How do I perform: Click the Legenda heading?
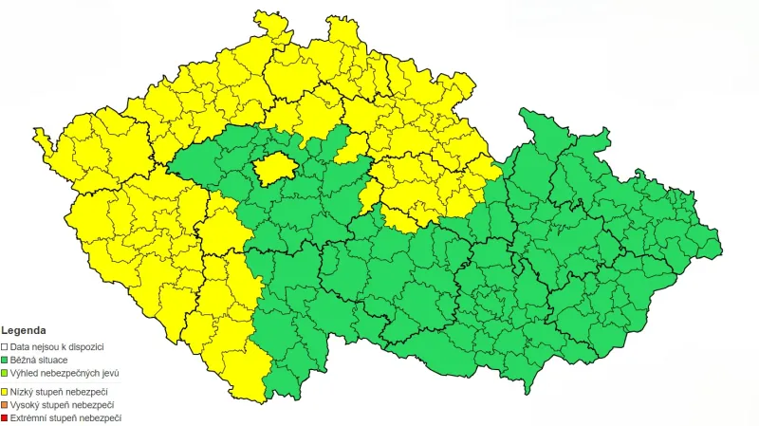pyautogui.click(x=25, y=329)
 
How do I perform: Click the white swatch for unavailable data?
pyautogui.click(x=5, y=347)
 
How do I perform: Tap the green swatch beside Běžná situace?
pyautogui.click(x=5, y=361)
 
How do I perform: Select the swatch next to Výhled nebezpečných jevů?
pyautogui.click(x=5, y=374)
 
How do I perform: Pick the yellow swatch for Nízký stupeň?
pyautogui.click(x=5, y=391)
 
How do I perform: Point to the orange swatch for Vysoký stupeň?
pyautogui.click(x=5, y=404)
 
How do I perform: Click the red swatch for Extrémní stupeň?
pyautogui.click(x=5, y=417)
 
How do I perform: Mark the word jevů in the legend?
pyautogui.click(x=108, y=374)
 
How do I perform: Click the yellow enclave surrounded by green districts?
pyautogui.click(x=276, y=168)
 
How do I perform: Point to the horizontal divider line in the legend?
pyautogui.click(x=57, y=382)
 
